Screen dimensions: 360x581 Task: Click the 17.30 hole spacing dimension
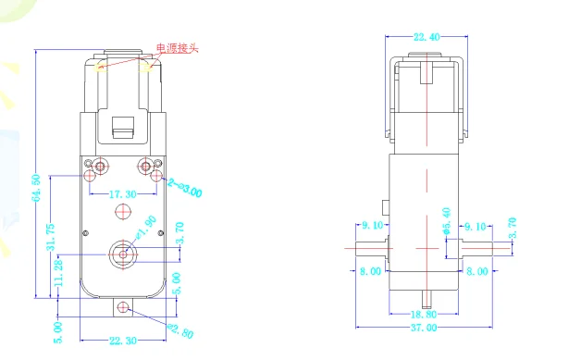click(121, 195)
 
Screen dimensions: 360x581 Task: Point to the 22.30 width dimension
click(122, 341)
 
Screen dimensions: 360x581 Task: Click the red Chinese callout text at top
click(178, 48)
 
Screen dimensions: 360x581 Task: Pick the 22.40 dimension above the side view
click(426, 37)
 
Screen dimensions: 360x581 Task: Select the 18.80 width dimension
click(425, 315)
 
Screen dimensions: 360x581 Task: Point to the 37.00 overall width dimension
click(425, 329)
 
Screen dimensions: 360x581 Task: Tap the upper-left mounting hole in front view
click(99, 166)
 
